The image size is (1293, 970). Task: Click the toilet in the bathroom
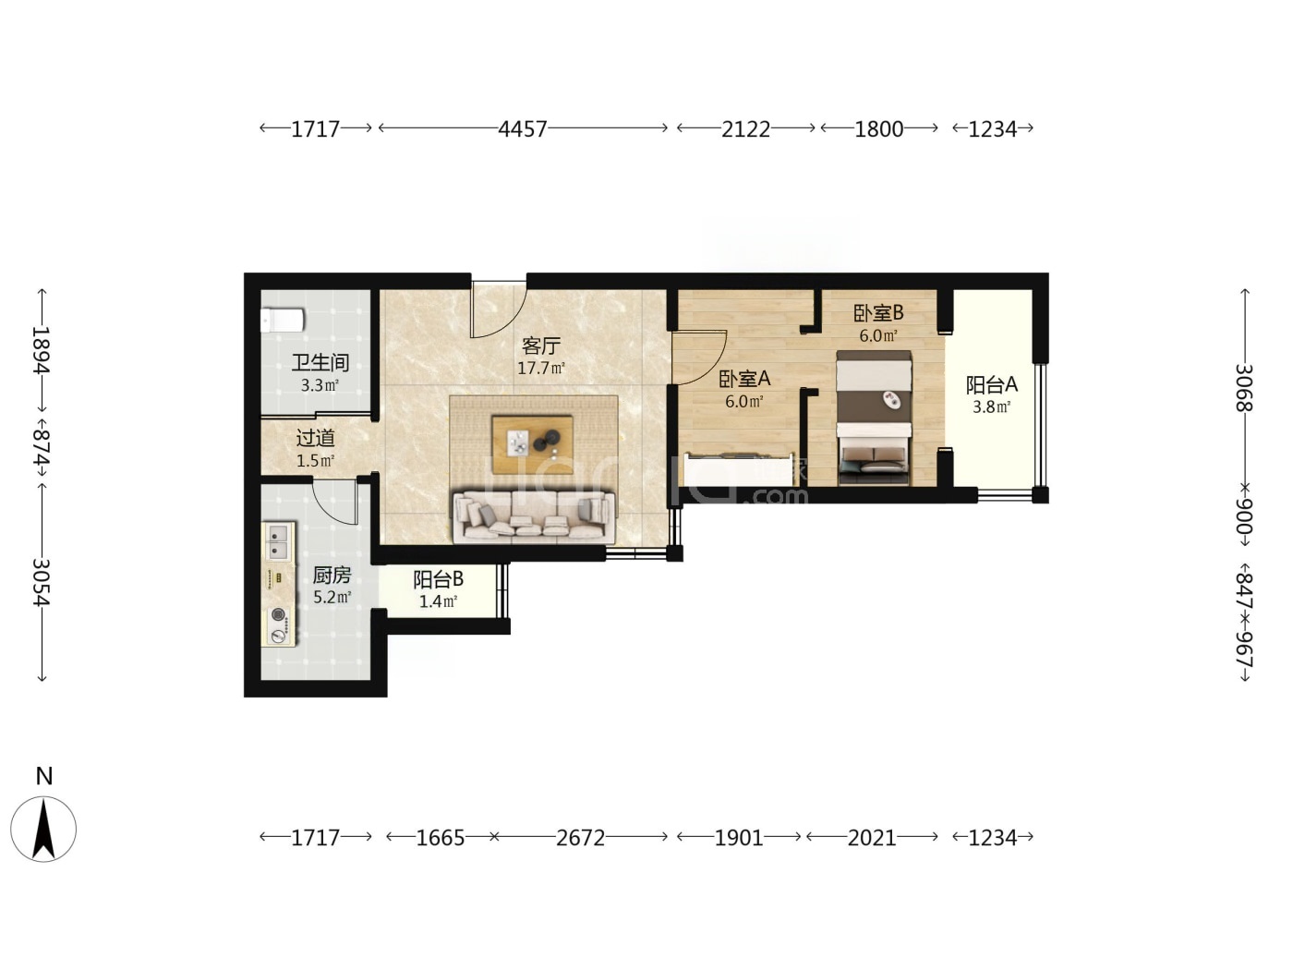tap(283, 321)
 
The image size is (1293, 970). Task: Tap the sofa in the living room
tap(534, 516)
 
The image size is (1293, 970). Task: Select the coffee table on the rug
tap(533, 444)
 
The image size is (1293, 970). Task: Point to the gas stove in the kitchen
tap(279, 625)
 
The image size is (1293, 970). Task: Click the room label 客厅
tap(541, 346)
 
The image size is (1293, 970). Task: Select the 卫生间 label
tap(320, 363)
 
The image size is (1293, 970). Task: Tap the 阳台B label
tap(439, 579)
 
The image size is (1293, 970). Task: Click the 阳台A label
tap(991, 385)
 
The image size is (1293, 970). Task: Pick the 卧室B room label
tap(878, 313)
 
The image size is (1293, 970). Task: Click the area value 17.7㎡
tap(541, 369)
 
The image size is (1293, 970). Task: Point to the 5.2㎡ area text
tap(332, 597)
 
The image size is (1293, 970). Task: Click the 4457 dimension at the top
tap(523, 129)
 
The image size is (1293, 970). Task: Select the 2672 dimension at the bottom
tap(580, 838)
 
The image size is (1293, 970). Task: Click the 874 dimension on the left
tap(42, 446)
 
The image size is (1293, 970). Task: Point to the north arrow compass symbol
tap(43, 830)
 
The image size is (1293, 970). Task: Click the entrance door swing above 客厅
tap(498, 309)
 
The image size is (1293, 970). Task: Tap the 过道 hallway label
tap(316, 438)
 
